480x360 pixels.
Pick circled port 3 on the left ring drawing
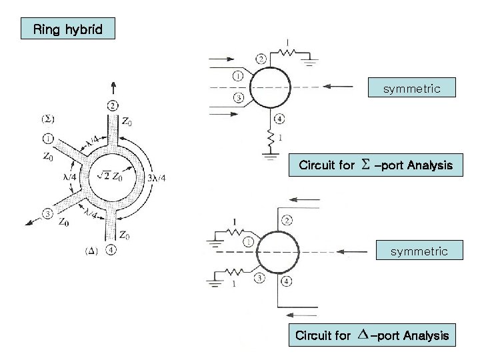[47, 213]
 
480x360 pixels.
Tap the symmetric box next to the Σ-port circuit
[411, 88]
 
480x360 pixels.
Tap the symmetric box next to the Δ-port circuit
[419, 251]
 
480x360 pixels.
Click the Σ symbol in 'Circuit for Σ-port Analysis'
[365, 165]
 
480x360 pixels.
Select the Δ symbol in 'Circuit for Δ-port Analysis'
[362, 335]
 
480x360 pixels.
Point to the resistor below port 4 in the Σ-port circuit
[271, 139]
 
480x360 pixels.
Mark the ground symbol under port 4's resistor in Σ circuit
[271, 157]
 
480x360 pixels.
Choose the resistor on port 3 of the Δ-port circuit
[235, 273]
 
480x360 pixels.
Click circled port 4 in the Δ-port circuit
[287, 281]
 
